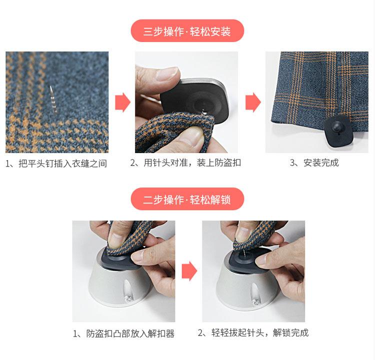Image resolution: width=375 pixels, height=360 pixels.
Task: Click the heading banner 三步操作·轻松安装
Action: [187, 31]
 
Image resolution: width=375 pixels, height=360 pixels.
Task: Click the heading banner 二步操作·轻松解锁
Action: [187, 199]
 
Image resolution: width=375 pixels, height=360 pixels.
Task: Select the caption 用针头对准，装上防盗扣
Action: [185, 163]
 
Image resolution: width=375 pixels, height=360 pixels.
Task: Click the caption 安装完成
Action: [314, 163]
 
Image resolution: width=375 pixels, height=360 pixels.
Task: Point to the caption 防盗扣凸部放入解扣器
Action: [123, 333]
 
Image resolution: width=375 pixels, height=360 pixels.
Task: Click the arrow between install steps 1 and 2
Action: [122, 102]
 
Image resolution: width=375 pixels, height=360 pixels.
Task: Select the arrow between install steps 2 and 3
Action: [252, 102]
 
